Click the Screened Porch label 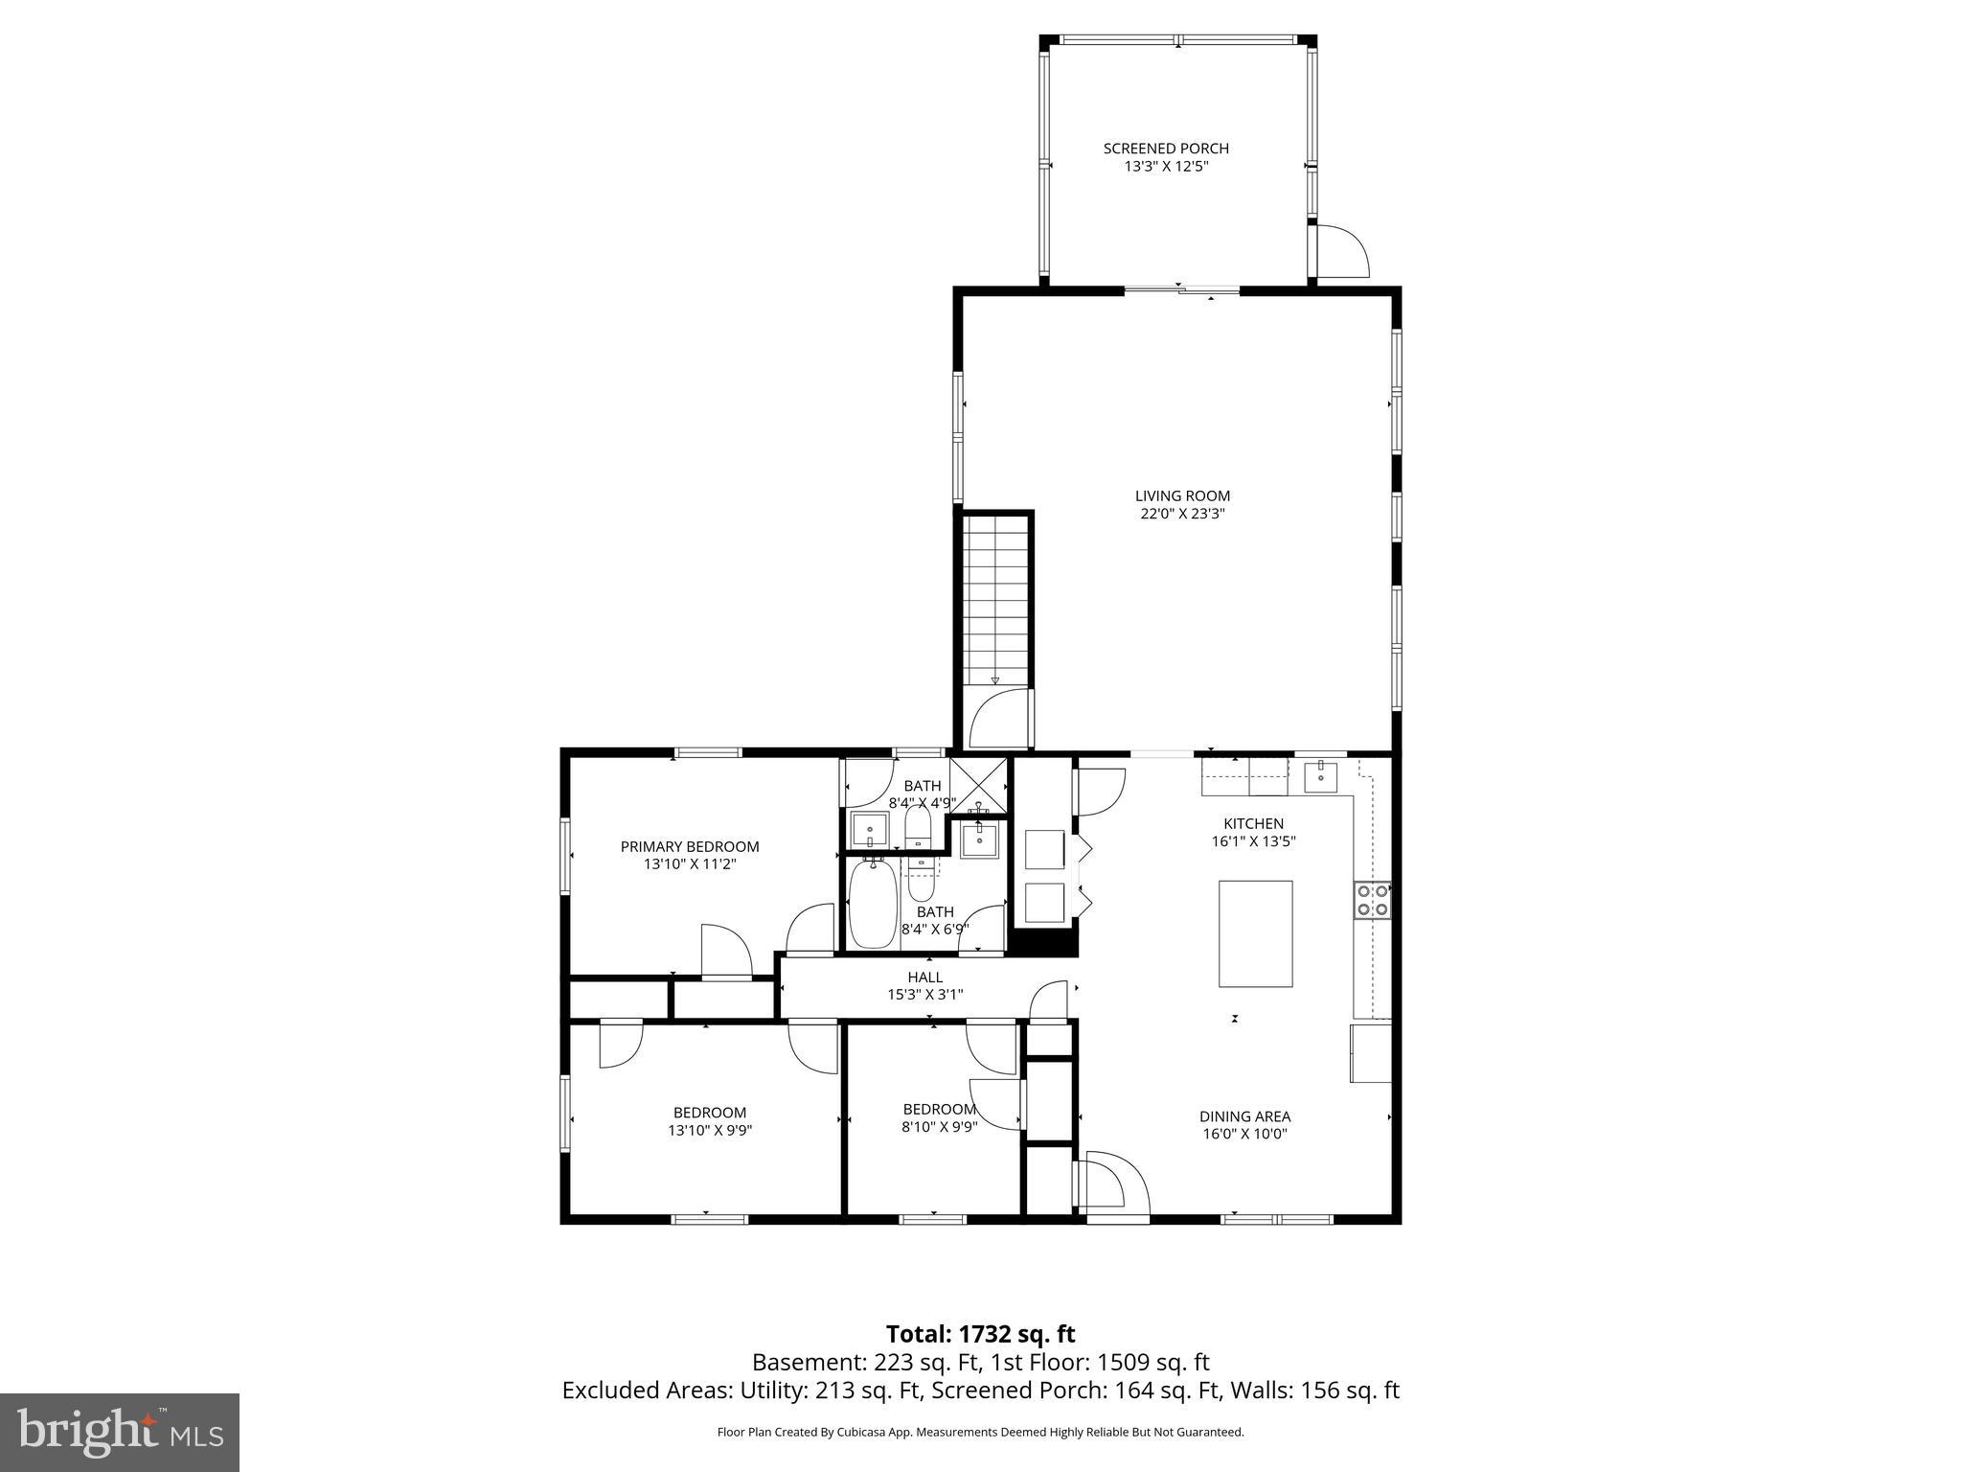tap(1165, 149)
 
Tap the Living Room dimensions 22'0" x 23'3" tap(1182, 514)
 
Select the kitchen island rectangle tap(1255, 933)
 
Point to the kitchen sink tap(1321, 775)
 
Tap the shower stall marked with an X tap(979, 785)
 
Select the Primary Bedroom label tap(689, 846)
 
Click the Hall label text tap(924, 977)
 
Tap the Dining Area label tap(1244, 1116)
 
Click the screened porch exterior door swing tap(1341, 251)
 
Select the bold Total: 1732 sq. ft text tap(980, 1334)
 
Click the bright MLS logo tap(120, 1432)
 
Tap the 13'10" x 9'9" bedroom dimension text tap(709, 1130)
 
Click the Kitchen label tap(1253, 823)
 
